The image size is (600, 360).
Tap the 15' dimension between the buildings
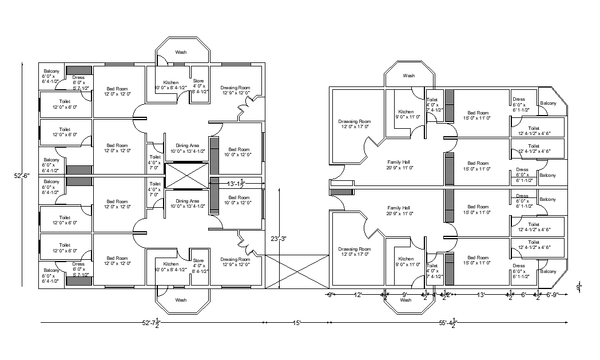(296, 323)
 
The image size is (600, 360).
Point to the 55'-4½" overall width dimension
(448, 323)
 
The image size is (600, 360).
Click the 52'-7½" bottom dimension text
(151, 323)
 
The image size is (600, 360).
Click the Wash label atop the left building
(181, 52)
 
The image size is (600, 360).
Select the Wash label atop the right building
(408, 76)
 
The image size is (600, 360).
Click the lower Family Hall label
(398, 208)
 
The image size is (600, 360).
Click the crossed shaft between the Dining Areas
(187, 176)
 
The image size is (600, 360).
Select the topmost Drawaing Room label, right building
(355, 121)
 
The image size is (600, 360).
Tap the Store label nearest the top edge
(198, 81)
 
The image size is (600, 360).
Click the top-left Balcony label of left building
(51, 71)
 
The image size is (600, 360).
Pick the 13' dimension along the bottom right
(482, 295)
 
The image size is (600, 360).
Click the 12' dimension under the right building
(358, 295)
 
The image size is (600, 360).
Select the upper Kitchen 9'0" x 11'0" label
(406, 112)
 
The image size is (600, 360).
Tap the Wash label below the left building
(181, 300)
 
